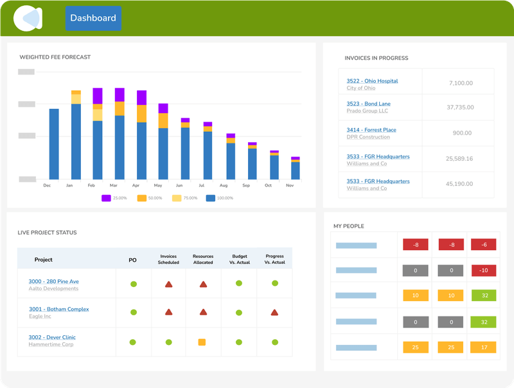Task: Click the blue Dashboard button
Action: [93, 18]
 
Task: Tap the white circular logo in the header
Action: [28, 19]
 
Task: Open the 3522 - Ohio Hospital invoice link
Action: [372, 81]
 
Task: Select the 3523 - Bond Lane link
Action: [368, 104]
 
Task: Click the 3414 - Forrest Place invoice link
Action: [371, 130]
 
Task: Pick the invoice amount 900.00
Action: [462, 133]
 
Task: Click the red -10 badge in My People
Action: [483, 270]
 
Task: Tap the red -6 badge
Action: [483, 245]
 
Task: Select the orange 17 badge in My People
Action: [483, 347]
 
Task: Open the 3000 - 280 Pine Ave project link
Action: [54, 281]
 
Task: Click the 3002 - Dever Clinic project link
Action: [52, 337]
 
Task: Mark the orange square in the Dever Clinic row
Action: [202, 342]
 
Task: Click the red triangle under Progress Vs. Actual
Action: [274, 312]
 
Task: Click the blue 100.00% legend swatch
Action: [211, 198]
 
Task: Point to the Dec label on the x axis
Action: [47, 185]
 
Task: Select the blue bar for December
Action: [54, 144]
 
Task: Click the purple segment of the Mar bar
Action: [120, 95]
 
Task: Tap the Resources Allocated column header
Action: [203, 259]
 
